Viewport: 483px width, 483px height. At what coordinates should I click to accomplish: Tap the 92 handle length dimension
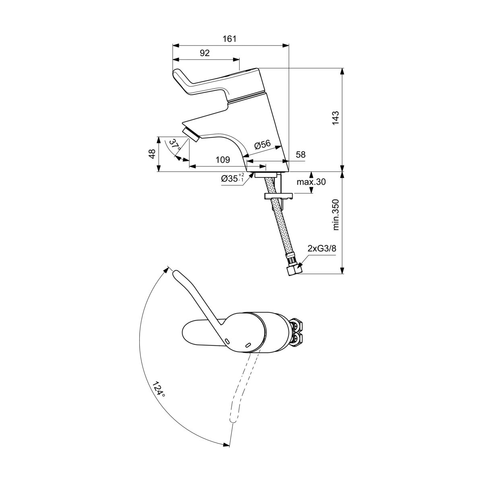coord(204,53)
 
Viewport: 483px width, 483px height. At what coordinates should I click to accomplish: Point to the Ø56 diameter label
coord(263,146)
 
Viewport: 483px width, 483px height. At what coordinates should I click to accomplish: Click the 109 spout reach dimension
coord(222,160)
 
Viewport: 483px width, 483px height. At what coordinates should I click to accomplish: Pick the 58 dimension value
coord(300,155)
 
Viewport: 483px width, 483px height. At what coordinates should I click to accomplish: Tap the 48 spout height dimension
coord(152,154)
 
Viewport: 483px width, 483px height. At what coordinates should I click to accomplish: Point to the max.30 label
coord(311,182)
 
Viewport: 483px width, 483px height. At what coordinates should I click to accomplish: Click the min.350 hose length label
coord(336,215)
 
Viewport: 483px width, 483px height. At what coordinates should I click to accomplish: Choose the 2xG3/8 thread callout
coord(322,249)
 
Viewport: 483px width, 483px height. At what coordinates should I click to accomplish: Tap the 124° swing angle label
coord(159,389)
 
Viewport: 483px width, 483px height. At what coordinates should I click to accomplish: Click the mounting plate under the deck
coord(278,196)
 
